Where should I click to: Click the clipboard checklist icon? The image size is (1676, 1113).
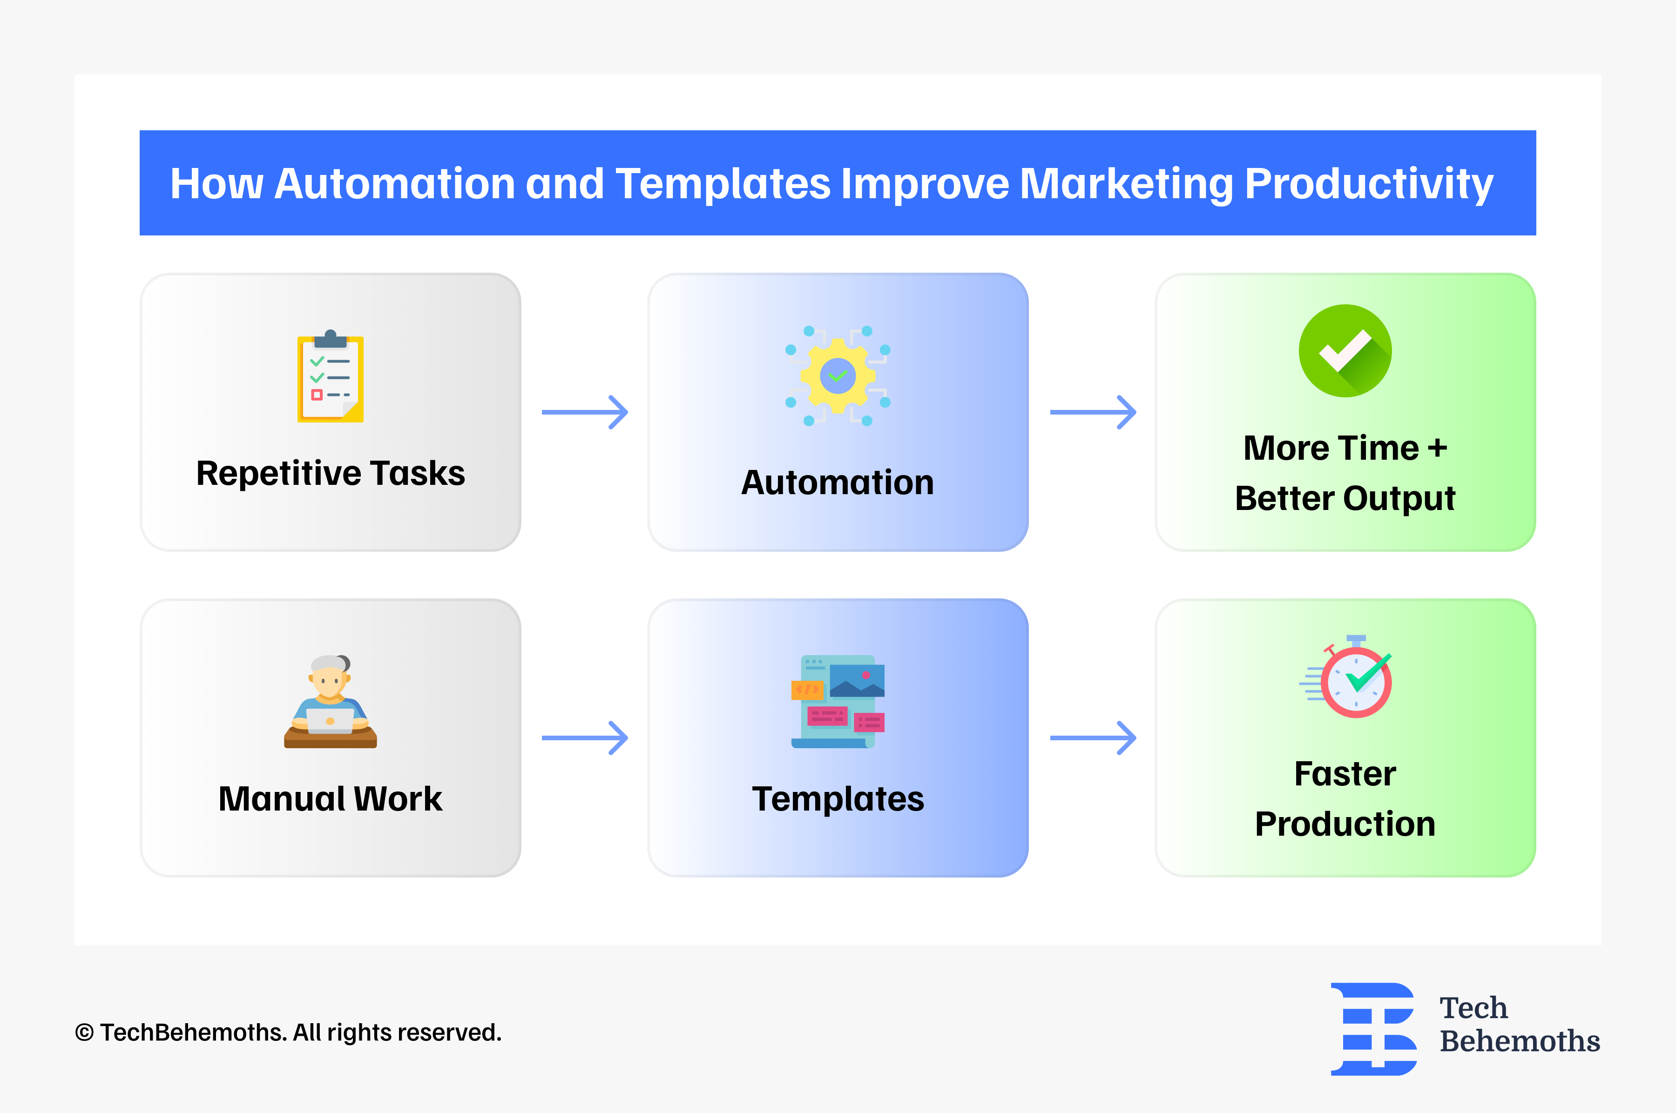click(x=330, y=376)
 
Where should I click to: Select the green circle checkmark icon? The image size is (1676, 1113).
click(x=1345, y=351)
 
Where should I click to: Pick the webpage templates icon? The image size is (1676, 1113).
click(x=838, y=701)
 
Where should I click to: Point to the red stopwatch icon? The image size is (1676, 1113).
click(x=1353, y=678)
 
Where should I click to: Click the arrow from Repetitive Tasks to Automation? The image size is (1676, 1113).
click(x=584, y=412)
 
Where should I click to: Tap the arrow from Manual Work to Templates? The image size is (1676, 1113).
click(x=584, y=738)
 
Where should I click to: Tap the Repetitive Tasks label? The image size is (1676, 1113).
click(x=330, y=474)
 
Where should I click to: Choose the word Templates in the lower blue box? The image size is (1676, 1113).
click(x=838, y=799)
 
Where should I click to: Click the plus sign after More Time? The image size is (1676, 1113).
click(x=1437, y=449)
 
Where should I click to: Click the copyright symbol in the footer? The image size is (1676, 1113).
click(x=84, y=1033)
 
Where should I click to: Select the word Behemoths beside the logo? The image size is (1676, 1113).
click(x=1519, y=1041)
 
